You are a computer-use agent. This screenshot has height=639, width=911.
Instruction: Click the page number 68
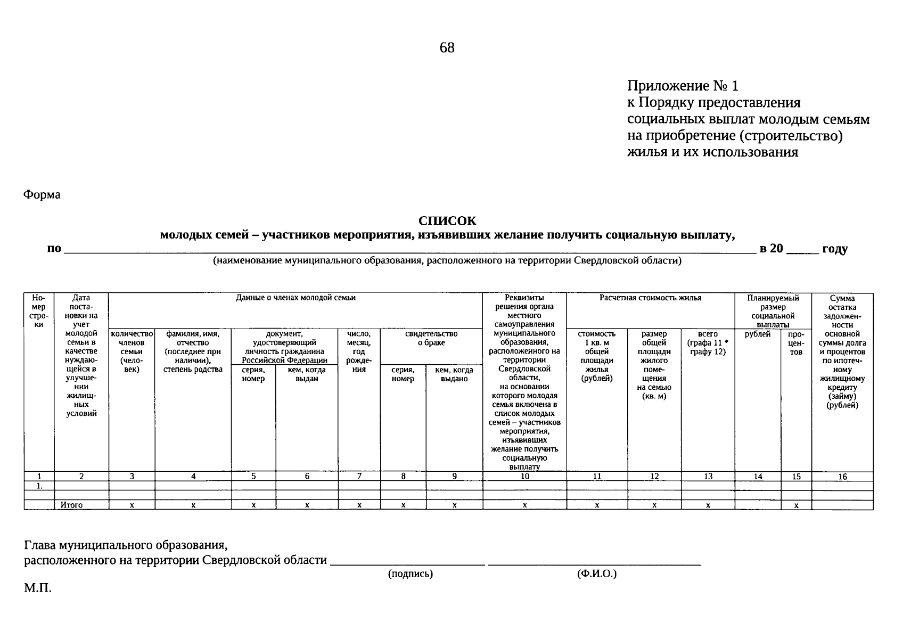pos(447,48)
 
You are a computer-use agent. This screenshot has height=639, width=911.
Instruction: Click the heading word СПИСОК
pos(447,220)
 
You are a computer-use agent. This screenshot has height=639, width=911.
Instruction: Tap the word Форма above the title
pos(42,195)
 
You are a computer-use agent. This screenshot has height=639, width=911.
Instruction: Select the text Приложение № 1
pos(683,86)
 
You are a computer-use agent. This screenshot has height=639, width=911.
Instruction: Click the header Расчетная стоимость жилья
pos(650,298)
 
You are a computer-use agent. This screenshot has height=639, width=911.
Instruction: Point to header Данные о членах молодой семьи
pos(296,298)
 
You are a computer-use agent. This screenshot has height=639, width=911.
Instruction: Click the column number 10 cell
pos(524,477)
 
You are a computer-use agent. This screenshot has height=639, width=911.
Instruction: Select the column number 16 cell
pos(842,477)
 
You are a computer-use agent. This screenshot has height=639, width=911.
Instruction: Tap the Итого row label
pos(71,505)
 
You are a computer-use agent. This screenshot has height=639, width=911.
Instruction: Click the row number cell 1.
pos(39,486)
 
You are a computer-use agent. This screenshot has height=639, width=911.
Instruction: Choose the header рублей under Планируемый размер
pos(757,334)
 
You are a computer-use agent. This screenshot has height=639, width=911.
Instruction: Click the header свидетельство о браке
pos(431,338)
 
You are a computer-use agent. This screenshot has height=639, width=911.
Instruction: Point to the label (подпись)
pos(410,574)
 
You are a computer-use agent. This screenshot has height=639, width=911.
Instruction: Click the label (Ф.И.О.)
pos(596,574)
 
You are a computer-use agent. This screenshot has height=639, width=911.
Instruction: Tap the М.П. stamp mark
pos(38,588)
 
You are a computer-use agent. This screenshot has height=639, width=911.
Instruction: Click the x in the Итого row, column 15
pos(796,505)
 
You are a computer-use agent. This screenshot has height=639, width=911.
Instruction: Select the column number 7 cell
pos(359,477)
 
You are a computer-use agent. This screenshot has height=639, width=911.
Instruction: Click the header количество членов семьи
pos(132,351)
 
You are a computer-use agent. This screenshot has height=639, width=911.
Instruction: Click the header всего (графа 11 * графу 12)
pos(708,343)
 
